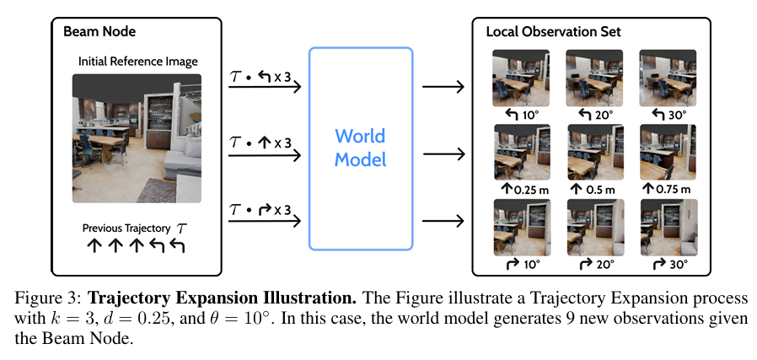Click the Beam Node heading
click(99, 32)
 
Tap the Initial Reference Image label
click(138, 62)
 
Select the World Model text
click(361, 148)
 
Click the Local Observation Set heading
click(553, 32)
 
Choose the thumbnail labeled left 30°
click(668, 78)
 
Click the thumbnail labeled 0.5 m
click(596, 152)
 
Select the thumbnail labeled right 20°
click(596, 228)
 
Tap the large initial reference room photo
click(137, 138)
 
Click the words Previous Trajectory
click(126, 228)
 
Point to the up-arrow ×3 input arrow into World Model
click(265, 155)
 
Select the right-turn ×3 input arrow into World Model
click(265, 222)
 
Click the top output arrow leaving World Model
click(443, 87)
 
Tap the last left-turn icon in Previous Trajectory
click(177, 245)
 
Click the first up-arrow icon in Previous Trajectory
click(94, 245)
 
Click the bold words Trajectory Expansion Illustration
click(223, 298)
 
